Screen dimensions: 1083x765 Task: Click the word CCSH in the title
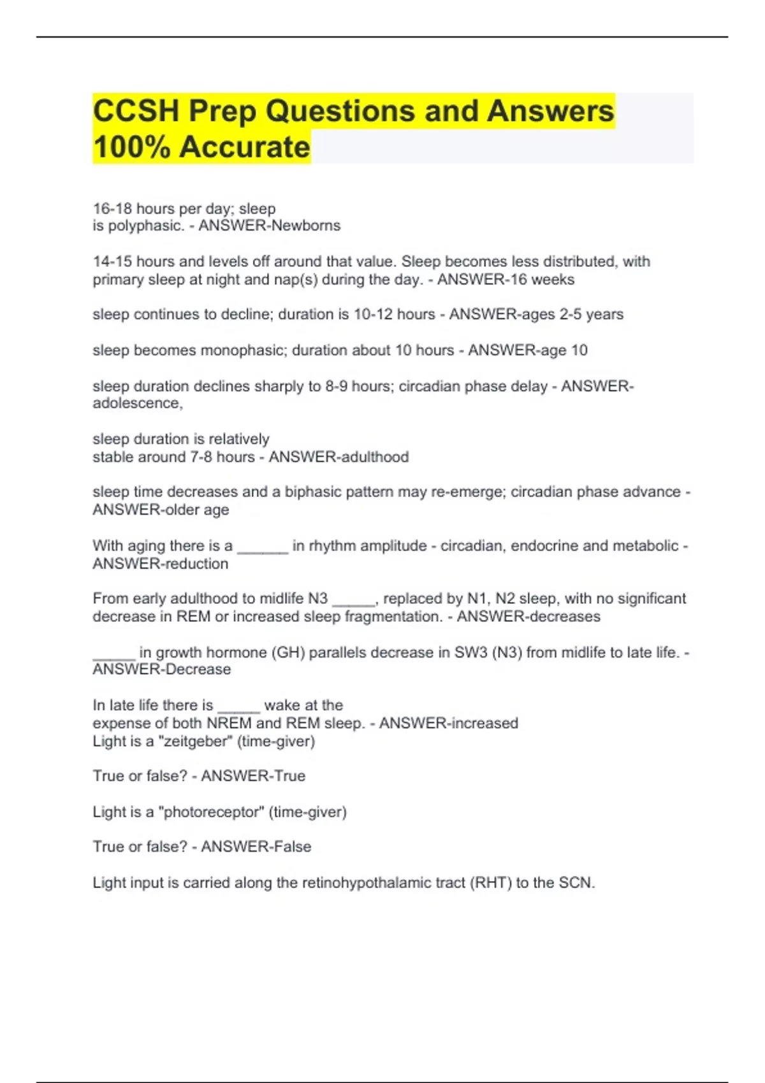point(136,111)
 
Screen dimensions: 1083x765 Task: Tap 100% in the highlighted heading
point(131,147)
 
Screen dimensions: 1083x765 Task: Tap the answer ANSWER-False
point(256,847)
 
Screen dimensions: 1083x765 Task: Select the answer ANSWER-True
point(253,776)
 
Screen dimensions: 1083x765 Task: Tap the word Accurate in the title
point(244,147)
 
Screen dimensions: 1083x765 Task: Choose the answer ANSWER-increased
point(448,724)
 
